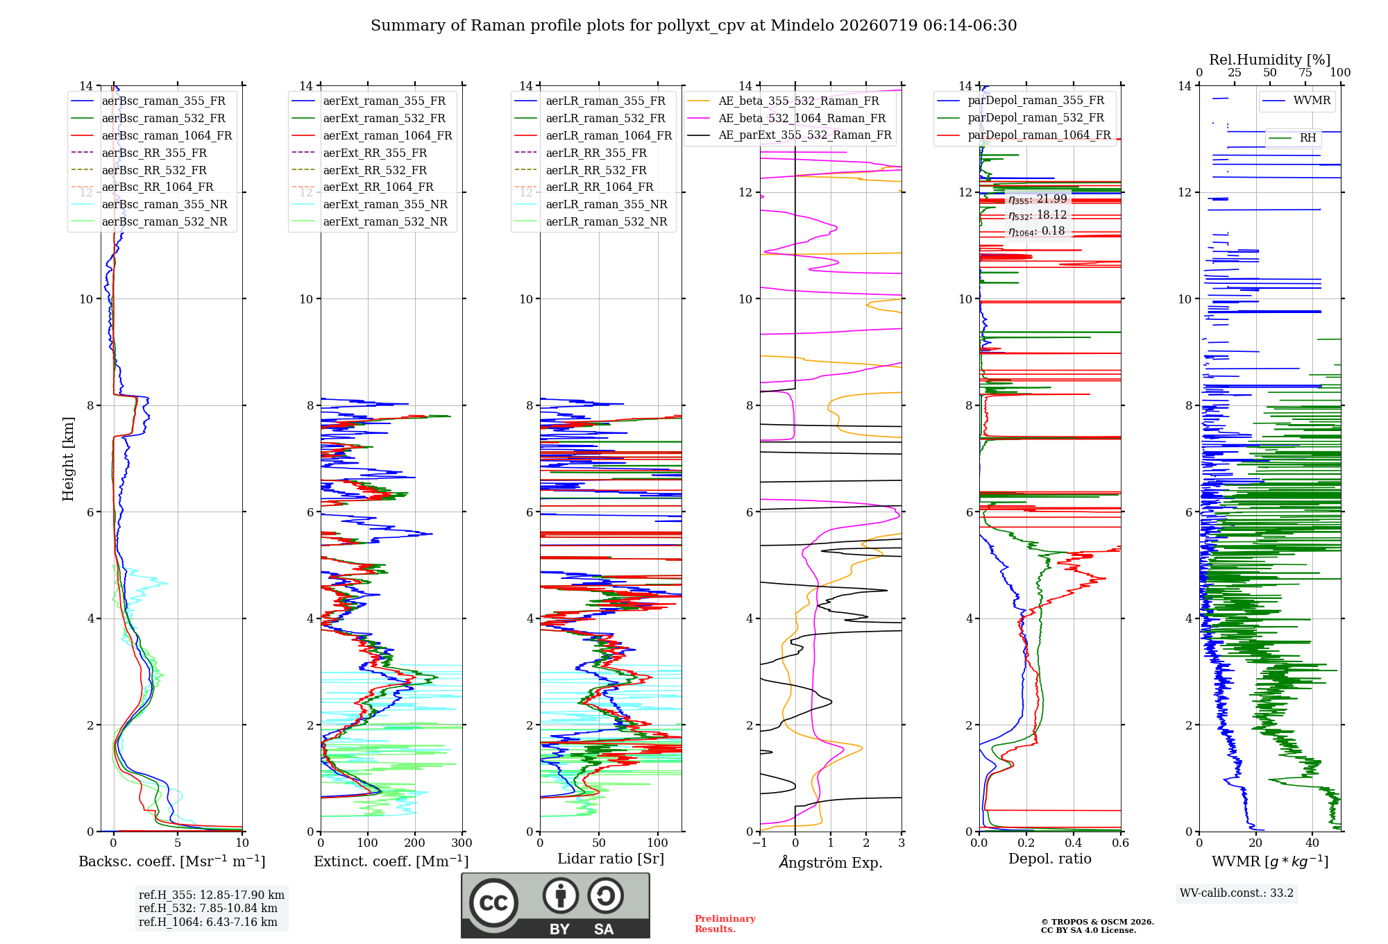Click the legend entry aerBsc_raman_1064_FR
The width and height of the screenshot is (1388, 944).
(x=167, y=135)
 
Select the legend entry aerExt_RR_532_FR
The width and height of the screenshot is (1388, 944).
(x=375, y=170)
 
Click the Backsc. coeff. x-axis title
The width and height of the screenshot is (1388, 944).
(x=172, y=861)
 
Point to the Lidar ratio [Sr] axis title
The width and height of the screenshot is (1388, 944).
(x=611, y=859)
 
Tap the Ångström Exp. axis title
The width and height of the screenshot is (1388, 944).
(x=831, y=862)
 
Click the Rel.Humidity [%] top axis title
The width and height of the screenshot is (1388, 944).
(x=1269, y=60)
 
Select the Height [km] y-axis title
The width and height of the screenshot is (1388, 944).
(x=68, y=459)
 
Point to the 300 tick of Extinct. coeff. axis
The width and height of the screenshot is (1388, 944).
(x=462, y=843)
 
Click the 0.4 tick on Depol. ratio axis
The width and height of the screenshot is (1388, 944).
(x=1073, y=843)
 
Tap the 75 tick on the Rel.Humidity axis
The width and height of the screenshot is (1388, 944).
(x=1305, y=72)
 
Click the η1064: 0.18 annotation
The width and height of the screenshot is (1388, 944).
(x=1036, y=231)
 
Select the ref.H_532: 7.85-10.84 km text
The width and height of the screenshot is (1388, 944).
(x=208, y=908)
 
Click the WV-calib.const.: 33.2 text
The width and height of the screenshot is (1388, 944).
(x=1237, y=893)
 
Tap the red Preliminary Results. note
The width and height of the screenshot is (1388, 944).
(x=725, y=924)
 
